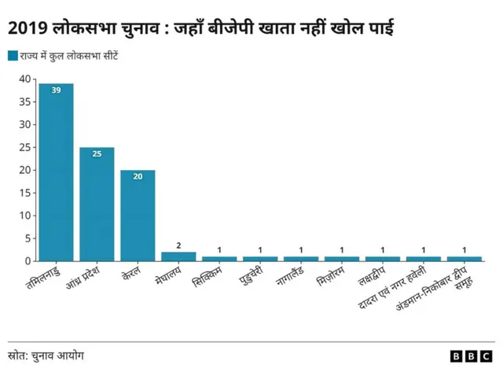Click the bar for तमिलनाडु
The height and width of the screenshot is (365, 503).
[56, 173]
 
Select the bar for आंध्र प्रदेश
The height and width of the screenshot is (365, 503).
[97, 205]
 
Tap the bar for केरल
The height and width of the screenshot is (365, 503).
[138, 216]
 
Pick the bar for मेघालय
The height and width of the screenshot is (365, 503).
[178, 256]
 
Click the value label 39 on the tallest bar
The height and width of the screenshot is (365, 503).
[56, 90]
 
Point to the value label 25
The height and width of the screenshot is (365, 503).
[97, 154]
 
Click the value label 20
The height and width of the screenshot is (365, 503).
[138, 177]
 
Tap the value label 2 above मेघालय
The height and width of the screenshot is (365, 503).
[178, 245]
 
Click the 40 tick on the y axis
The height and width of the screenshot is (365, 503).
[24, 79]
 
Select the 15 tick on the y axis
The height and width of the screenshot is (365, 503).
[24, 193]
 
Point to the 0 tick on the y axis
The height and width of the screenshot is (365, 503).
[27, 261]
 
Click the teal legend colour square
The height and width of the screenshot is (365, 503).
[13, 55]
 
